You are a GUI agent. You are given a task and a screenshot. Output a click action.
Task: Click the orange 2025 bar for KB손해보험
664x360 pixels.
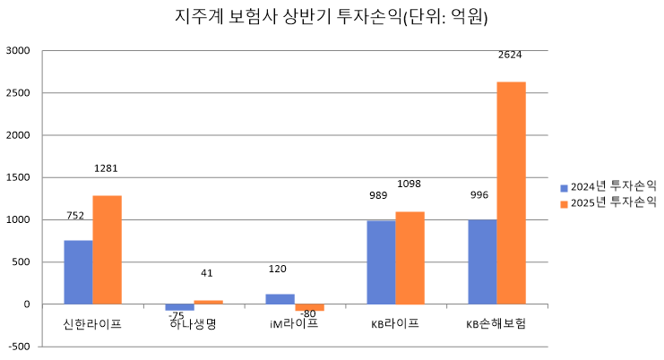[511, 193]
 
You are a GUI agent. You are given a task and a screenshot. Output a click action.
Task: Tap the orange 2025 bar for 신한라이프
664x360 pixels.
[107, 250]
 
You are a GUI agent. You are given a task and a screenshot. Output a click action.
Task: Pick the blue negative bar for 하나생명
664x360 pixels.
[179, 307]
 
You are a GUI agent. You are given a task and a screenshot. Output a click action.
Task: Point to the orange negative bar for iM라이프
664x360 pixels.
[309, 307]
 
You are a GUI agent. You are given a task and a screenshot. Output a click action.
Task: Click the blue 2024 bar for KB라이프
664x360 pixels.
[381, 262]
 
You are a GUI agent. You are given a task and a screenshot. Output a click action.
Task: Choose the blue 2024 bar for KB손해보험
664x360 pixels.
[482, 261]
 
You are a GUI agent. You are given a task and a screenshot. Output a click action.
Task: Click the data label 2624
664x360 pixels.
[510, 55]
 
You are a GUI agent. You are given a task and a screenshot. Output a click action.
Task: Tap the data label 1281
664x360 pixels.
[106, 168]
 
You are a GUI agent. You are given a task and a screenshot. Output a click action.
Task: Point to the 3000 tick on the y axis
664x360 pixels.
[18, 51]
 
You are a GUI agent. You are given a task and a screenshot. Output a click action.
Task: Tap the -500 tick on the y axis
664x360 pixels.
[18, 347]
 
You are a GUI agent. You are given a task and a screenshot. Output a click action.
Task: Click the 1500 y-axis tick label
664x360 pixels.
[18, 177]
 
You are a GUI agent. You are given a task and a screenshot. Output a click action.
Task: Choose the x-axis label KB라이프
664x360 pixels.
[395, 323]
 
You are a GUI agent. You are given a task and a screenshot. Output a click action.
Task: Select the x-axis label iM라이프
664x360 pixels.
[294, 323]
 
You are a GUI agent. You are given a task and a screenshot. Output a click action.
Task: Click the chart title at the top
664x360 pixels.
[332, 17]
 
